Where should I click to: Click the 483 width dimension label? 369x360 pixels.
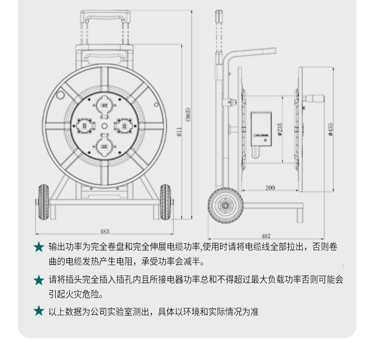pyautogui.click(x=104, y=232)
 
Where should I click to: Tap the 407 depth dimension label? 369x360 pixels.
pyautogui.click(x=266, y=236)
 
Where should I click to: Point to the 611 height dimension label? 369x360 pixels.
pyautogui.click(x=179, y=132)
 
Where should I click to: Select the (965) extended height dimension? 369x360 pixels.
pyautogui.click(x=188, y=114)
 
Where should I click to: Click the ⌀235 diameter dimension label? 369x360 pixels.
pyautogui.click(x=280, y=129)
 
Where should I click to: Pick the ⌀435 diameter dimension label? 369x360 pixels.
pyautogui.click(x=331, y=129)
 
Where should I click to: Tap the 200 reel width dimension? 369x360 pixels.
pyautogui.click(x=270, y=188)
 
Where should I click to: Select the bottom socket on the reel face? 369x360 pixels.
pyautogui.click(x=104, y=145)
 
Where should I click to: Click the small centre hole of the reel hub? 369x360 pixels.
pyautogui.click(x=104, y=126)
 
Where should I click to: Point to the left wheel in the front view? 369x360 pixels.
pyautogui.click(x=44, y=202)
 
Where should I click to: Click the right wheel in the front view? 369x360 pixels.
pyautogui.click(x=166, y=202)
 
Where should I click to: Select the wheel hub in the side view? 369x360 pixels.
pyautogui.click(x=225, y=205)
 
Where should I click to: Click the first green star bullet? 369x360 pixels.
pyautogui.click(x=39, y=247)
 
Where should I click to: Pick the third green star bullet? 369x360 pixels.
pyautogui.click(x=39, y=310)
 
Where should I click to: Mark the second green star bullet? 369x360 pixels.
pyautogui.click(x=39, y=280)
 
